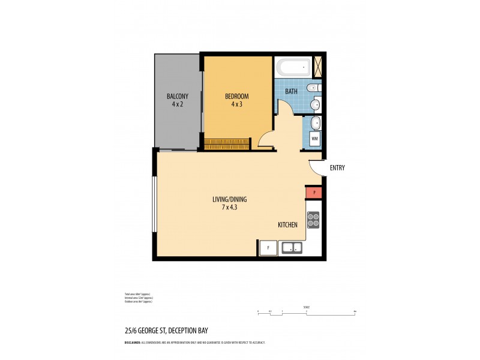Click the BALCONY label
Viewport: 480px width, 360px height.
[x=178, y=96]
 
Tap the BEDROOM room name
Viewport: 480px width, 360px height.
[x=236, y=96]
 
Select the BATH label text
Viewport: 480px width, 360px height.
[x=291, y=92]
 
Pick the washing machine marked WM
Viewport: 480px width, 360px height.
[x=314, y=139]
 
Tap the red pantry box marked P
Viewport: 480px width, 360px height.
[x=314, y=192]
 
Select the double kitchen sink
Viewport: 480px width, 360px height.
[x=292, y=247]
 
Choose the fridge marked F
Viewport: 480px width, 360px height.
[x=268, y=247]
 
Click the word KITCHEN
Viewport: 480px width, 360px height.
[x=287, y=225]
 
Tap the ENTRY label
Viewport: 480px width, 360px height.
[x=337, y=168]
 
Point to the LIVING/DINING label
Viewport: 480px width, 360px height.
[x=229, y=199]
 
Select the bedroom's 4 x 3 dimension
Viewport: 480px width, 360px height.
[x=236, y=104]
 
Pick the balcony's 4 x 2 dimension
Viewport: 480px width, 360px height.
[x=178, y=104]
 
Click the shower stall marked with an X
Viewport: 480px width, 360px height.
[x=318, y=67]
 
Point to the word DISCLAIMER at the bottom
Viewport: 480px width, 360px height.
[x=132, y=342]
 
